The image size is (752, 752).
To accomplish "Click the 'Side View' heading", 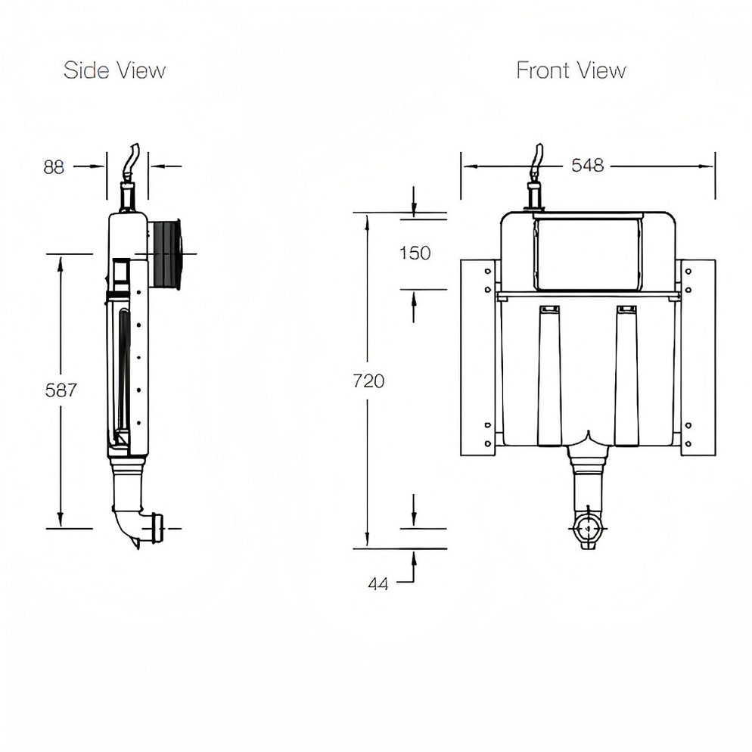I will pyautogui.click(x=114, y=71).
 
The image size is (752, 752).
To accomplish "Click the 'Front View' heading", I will pyautogui.click(x=571, y=71).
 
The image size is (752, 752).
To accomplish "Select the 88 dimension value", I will pyautogui.click(x=54, y=167).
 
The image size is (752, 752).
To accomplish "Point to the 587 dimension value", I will pyautogui.click(x=61, y=390).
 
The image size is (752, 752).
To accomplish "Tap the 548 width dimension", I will pyautogui.click(x=587, y=166).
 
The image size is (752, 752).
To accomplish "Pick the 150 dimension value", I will pyautogui.click(x=415, y=253).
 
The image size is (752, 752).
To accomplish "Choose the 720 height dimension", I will pyautogui.click(x=368, y=381).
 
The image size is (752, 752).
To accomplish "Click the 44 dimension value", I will pyautogui.click(x=378, y=583).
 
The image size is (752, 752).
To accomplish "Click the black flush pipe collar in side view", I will pyautogui.click(x=166, y=253).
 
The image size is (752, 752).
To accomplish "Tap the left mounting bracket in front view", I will pyautogui.click(x=478, y=357).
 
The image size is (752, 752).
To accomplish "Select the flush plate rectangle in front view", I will pyautogui.click(x=587, y=253).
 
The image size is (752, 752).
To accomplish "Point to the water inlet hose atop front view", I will pyautogui.click(x=538, y=159).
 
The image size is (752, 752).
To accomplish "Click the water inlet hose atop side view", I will pyautogui.click(x=132, y=160).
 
